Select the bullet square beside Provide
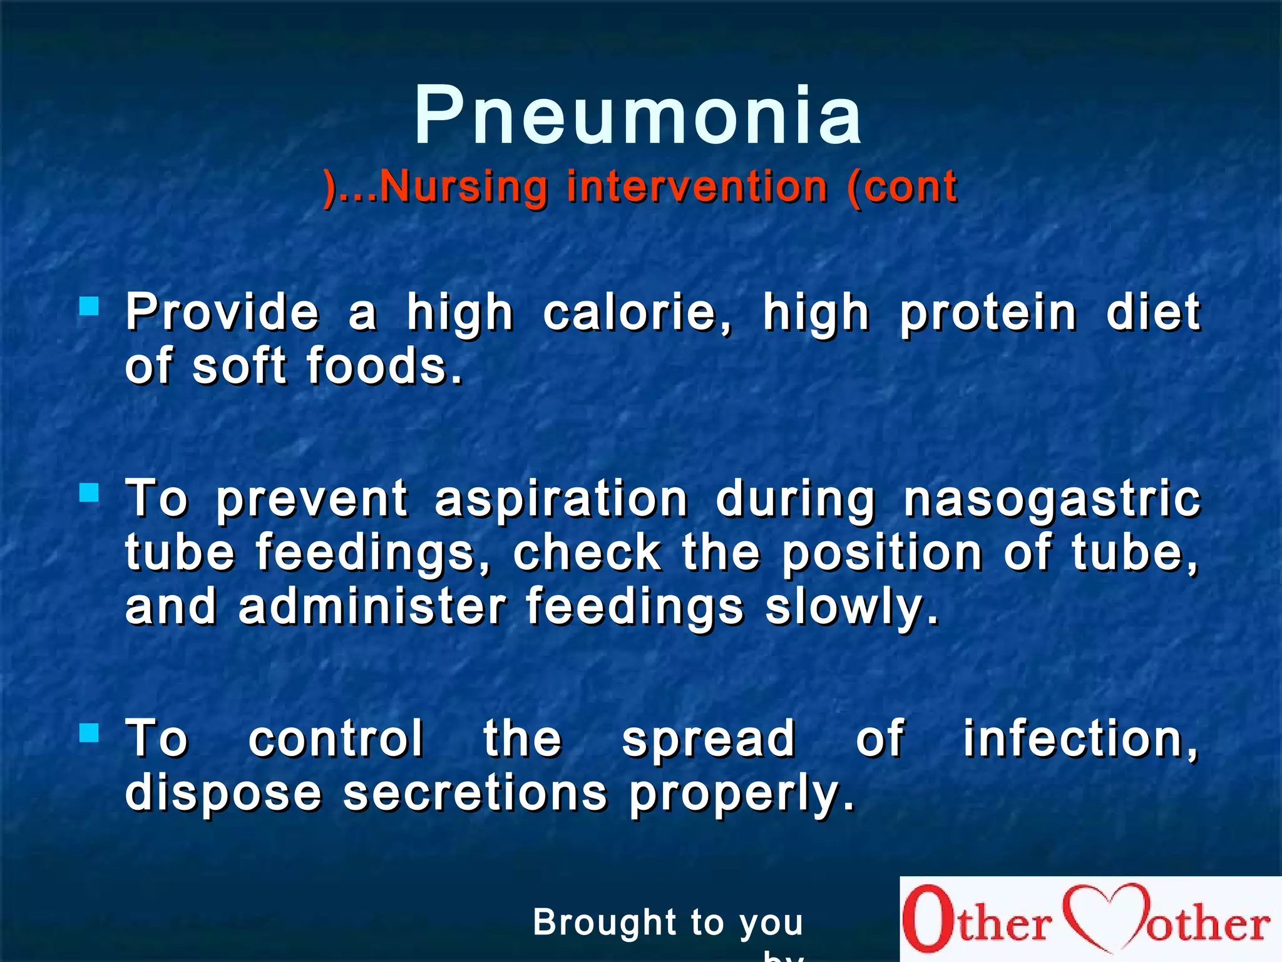click(x=90, y=306)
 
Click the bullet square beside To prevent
click(x=90, y=493)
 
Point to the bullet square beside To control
click(x=90, y=732)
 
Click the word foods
click(x=384, y=366)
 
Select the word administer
click(x=372, y=607)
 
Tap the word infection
click(x=1079, y=739)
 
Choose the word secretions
click(x=475, y=793)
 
